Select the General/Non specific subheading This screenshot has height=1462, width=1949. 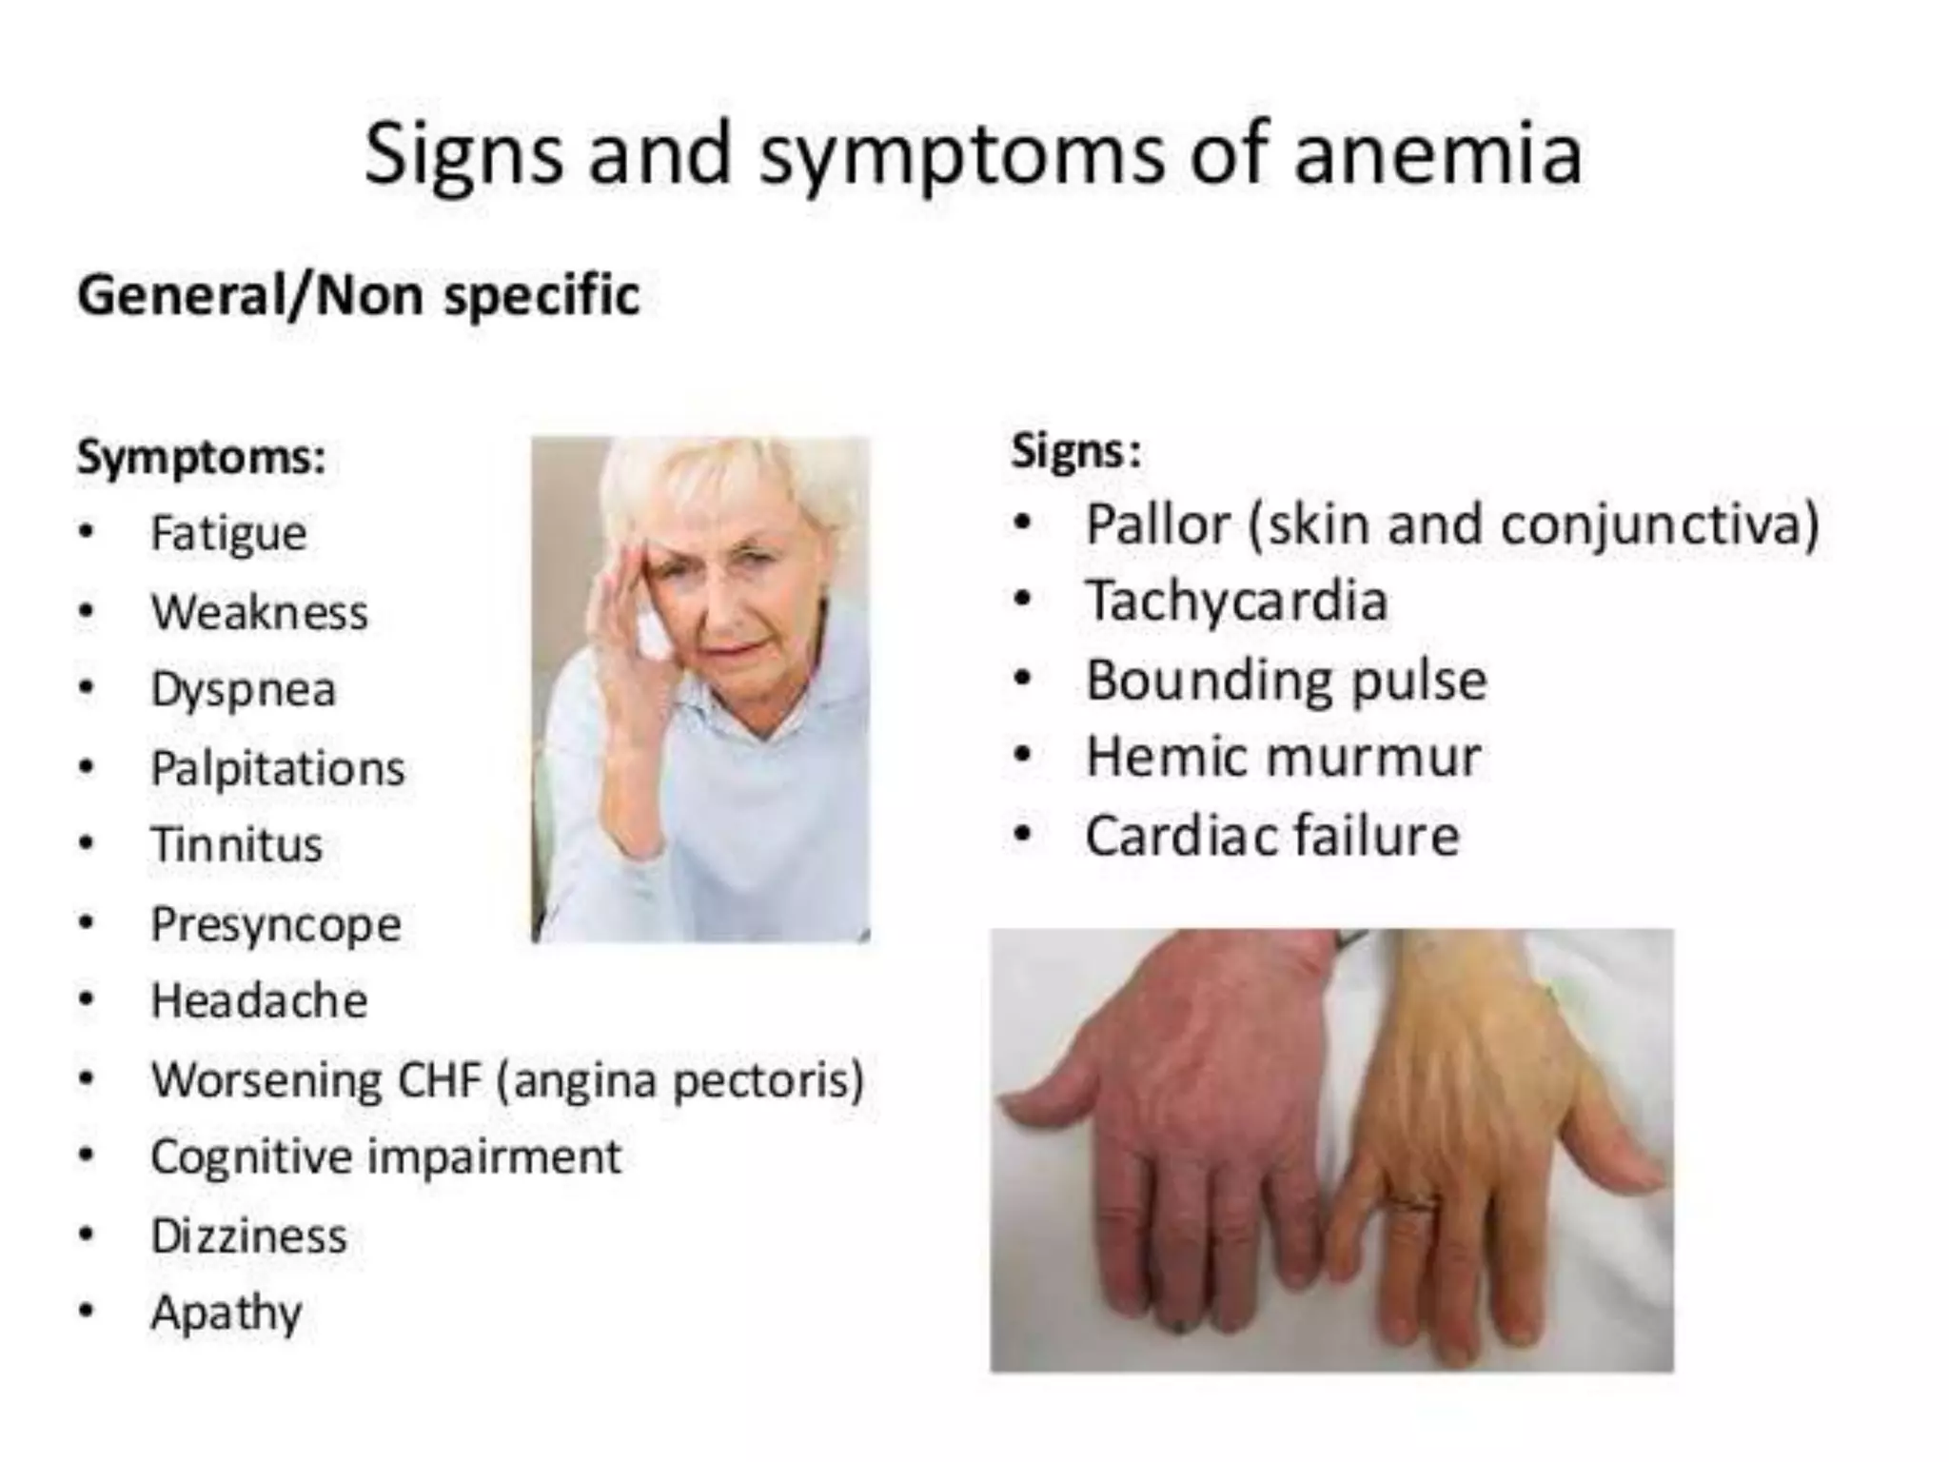pos(358,296)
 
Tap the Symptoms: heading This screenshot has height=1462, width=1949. pos(201,457)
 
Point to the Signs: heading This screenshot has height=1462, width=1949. pos(1075,450)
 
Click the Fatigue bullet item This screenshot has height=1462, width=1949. pos(228,533)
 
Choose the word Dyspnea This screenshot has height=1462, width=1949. pos(243,690)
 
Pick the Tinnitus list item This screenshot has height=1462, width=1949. pos(237,845)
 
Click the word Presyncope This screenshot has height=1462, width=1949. pos(276,924)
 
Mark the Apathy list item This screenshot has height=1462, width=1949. pos(226,1314)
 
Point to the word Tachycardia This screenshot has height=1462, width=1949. pos(1236,602)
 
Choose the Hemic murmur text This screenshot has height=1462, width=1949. pos(1282,758)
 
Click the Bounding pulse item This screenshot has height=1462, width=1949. pos(1286,681)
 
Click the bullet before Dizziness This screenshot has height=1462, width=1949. pos(87,1235)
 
